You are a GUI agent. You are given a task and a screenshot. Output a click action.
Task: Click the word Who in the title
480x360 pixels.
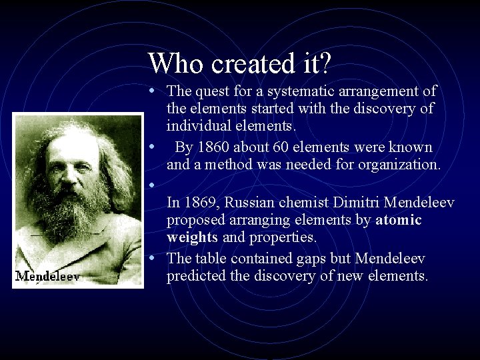click(175, 63)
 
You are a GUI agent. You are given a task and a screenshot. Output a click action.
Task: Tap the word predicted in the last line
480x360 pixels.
click(195, 276)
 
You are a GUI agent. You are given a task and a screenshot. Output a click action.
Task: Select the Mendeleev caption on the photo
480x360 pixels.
click(47, 276)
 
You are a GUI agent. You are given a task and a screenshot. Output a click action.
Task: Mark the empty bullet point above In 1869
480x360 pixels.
click(153, 183)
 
